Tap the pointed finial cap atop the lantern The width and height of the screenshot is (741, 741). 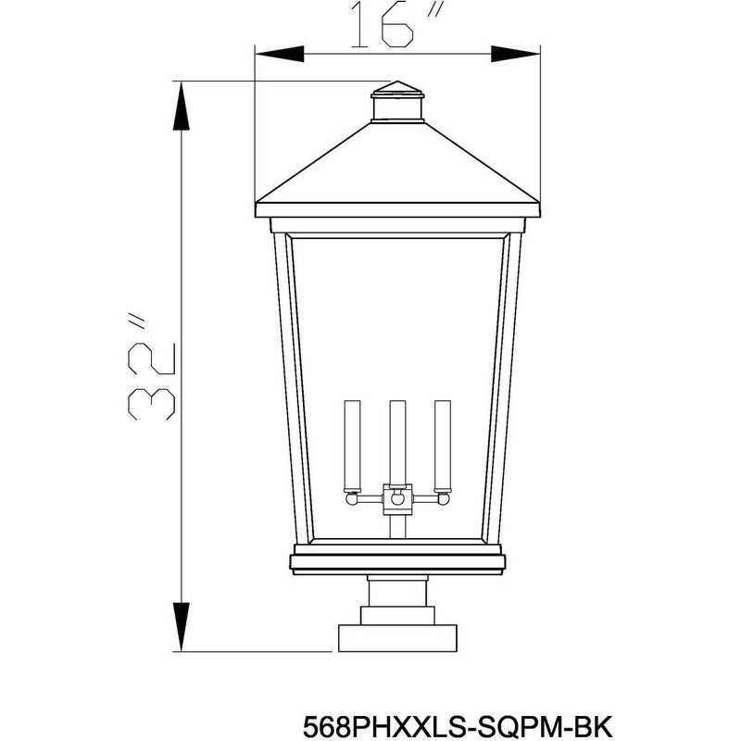coord(397,90)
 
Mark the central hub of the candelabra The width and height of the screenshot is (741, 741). coord(397,498)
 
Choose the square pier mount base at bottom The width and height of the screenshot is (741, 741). coord(397,638)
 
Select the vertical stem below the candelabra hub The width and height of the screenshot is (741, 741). coord(397,525)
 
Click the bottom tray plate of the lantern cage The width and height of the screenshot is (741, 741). coord(397,560)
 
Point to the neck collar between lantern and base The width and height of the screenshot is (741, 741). coord(397,593)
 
